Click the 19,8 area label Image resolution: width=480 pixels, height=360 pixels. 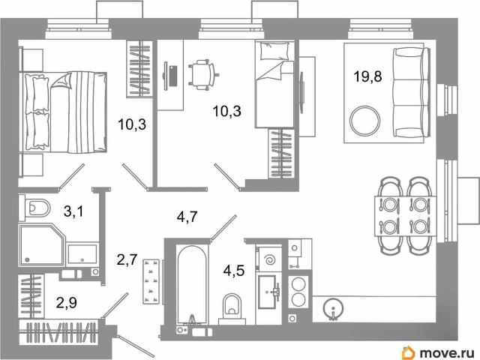pyautogui.click(x=367, y=76)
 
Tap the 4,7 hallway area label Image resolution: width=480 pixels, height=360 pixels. pyautogui.click(x=187, y=217)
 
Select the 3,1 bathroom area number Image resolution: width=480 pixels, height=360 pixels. pyautogui.click(x=73, y=211)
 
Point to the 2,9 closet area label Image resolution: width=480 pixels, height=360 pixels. pyautogui.click(x=67, y=302)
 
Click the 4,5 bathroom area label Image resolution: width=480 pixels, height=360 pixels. pyautogui.click(x=234, y=270)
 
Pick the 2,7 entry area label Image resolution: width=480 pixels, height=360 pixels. pyautogui.click(x=127, y=260)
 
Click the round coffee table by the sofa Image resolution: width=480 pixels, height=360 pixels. pyautogui.click(x=365, y=121)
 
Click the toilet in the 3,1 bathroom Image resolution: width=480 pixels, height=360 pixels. pyautogui.click(x=34, y=208)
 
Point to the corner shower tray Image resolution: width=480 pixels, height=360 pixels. pyautogui.click(x=42, y=245)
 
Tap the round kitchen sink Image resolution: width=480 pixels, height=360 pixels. pyautogui.click(x=333, y=308)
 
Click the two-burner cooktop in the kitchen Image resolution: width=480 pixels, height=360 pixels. pyautogui.click(x=298, y=291)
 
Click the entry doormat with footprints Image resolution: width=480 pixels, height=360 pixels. pyautogui.click(x=151, y=282)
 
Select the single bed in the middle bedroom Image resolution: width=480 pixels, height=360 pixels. pyautogui.click(x=274, y=85)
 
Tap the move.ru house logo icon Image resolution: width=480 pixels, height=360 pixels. pyautogui.click(x=409, y=352)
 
